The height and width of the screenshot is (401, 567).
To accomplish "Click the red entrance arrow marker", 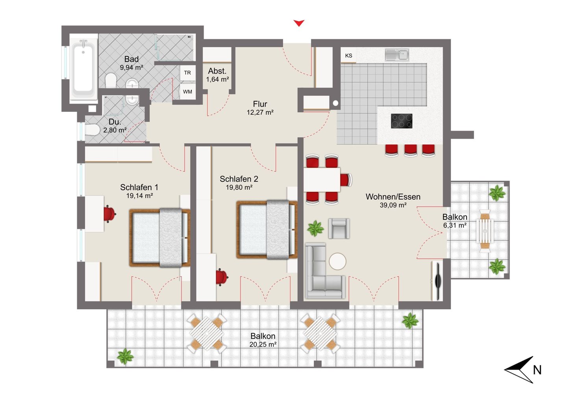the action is pos(299,23).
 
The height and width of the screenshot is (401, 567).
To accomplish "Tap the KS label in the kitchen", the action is pos(348,56).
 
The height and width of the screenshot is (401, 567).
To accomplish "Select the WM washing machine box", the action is pos(187,92).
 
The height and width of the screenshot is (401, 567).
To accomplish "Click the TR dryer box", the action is pos(187,73).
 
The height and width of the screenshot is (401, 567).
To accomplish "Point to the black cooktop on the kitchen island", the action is pos(402,121).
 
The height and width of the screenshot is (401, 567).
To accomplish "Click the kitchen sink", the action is pos(397,55).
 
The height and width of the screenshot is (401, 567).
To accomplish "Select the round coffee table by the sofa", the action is pos(337,261).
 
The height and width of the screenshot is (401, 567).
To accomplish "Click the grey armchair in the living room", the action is pos(339,228).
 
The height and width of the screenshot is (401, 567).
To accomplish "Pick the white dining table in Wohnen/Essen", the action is pos(322,180).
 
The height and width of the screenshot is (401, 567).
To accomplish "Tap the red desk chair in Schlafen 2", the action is pos(222,277).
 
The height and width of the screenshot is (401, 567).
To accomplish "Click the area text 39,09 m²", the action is pos(393,205).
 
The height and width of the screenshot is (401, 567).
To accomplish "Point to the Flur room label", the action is pos(260,104).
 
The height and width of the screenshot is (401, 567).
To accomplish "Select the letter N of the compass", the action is pos(537,370).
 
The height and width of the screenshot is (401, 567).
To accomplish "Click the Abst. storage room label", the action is pos(217,71).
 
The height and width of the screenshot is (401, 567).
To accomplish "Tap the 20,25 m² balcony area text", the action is pos(263,344).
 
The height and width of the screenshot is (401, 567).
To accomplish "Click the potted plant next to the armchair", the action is pos(315,228).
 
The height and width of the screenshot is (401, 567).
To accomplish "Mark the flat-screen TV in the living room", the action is pos(438,281).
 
